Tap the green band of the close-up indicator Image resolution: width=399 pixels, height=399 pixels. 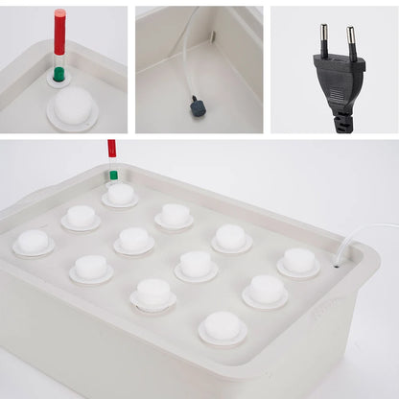[x=59, y=74]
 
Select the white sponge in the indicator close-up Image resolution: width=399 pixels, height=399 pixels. [x=72, y=105]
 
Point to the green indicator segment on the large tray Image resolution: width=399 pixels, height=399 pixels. [x=113, y=175]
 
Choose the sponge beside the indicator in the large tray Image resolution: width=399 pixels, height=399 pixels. [x=121, y=194]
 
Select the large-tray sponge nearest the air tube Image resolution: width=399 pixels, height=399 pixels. [x=299, y=260]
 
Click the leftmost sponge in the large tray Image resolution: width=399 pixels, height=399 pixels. [x=34, y=241]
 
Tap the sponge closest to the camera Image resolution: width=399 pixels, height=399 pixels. [x=223, y=326]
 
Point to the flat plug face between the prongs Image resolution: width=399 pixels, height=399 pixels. [x=338, y=63]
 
